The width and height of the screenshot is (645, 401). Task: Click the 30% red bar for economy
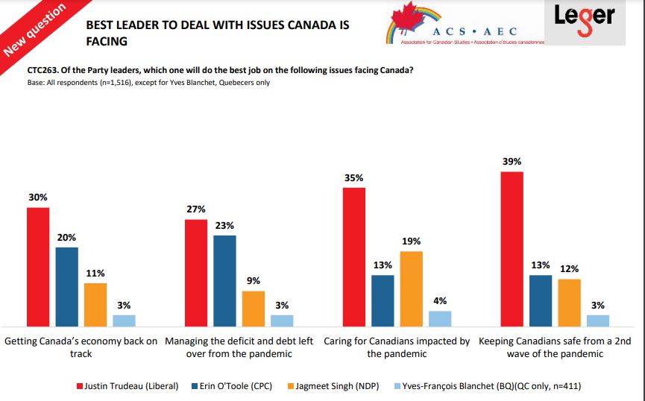click(x=38, y=267)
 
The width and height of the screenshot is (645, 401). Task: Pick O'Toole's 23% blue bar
click(x=224, y=281)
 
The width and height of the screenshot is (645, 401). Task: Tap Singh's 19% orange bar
click(x=411, y=288)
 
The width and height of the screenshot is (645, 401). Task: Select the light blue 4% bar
click(x=440, y=319)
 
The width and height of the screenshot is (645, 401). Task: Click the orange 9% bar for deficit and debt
click(x=254, y=309)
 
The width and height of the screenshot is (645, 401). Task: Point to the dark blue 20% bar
click(x=67, y=287)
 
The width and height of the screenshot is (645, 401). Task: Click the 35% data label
click(x=353, y=178)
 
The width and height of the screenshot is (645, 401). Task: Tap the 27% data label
click(x=196, y=209)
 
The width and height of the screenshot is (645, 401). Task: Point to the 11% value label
click(x=95, y=274)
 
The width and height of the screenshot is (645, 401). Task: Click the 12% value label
click(x=570, y=269)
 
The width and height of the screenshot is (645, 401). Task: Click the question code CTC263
click(x=43, y=71)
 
